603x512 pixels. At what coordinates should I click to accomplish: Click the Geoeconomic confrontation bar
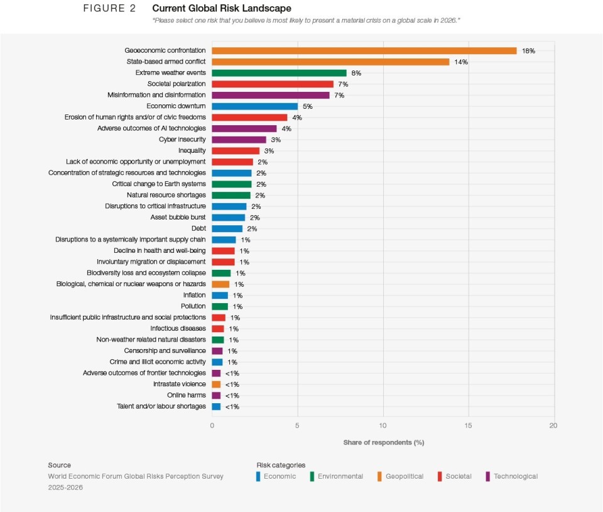(x=364, y=50)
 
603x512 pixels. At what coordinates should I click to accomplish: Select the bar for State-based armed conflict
(x=330, y=62)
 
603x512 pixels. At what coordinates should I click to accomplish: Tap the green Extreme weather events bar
(x=279, y=73)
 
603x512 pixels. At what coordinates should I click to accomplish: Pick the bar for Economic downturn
(x=254, y=106)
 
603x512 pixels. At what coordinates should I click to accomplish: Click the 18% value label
(x=528, y=51)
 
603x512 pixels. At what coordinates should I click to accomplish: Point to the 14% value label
(x=461, y=62)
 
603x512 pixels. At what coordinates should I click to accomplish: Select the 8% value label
(x=356, y=73)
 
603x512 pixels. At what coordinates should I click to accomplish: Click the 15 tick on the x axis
(x=469, y=426)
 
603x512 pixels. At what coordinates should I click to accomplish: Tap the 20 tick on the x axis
(x=553, y=426)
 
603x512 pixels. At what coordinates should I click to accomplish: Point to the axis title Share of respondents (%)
(x=383, y=442)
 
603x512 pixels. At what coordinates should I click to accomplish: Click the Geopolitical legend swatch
(x=379, y=477)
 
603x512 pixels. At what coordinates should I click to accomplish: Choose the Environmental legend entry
(x=340, y=477)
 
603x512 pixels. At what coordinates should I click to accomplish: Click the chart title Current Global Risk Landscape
(x=222, y=9)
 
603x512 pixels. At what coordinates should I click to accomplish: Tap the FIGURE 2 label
(x=109, y=9)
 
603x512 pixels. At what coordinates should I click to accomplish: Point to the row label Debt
(x=198, y=228)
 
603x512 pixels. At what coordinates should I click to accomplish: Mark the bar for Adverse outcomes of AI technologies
(x=244, y=128)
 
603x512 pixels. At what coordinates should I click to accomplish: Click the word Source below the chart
(x=59, y=465)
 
